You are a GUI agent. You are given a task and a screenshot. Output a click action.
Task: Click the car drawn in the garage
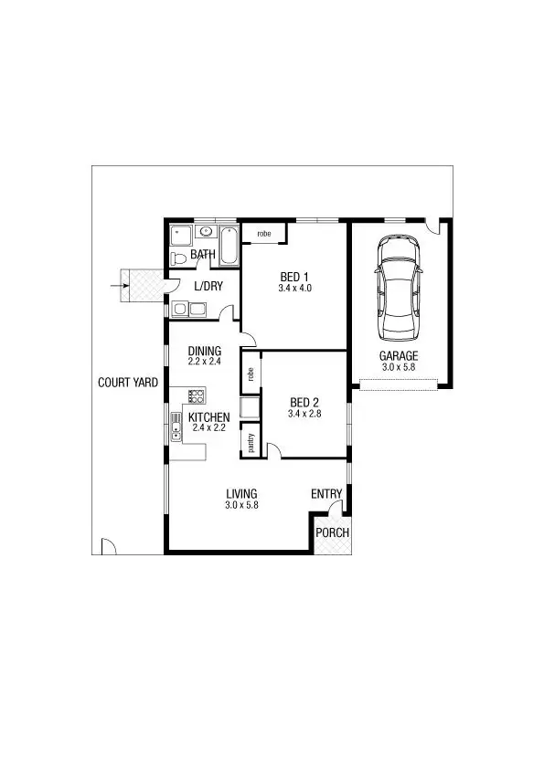pos(400,286)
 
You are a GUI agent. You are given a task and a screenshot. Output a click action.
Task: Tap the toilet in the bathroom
pos(180,259)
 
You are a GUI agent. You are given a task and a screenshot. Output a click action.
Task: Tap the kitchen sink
pos(175,427)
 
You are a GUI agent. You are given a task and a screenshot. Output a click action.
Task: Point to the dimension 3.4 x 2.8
pos(304,414)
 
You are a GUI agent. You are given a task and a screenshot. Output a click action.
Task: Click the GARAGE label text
pos(399,356)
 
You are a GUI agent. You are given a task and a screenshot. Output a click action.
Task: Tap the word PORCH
pos(332,533)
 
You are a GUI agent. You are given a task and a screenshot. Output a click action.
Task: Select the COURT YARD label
pos(128,383)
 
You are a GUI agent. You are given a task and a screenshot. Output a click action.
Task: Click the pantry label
pos(251,443)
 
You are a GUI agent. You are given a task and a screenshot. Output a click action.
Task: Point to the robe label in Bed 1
pos(264,235)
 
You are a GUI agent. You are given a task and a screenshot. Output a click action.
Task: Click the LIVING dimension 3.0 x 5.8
pos(241,505)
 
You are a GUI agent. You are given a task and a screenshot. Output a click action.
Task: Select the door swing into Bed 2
pos(272,448)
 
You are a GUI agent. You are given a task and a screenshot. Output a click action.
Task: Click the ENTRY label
pos(326,494)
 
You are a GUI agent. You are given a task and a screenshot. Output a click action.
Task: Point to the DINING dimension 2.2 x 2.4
pos(205,362)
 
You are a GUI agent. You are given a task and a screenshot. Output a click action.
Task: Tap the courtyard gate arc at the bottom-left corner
pos(106,546)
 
